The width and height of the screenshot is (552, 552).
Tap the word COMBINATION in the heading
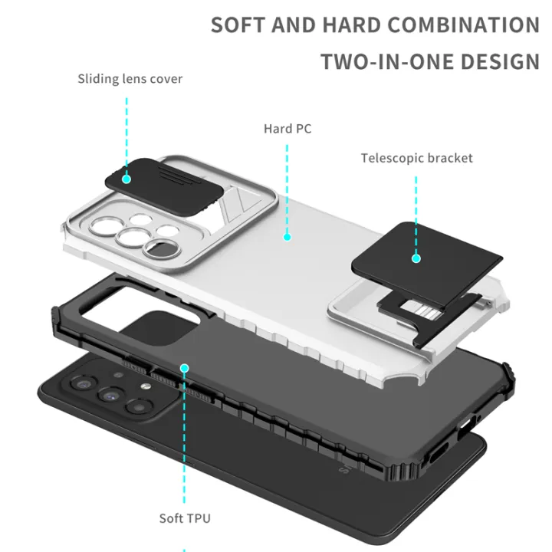tap(464, 25)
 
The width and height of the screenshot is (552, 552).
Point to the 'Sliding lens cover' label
tap(130, 79)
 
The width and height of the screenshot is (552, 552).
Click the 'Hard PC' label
tap(287, 129)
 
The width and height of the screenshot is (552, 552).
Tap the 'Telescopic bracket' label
tap(417, 159)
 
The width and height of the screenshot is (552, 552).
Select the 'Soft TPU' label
tap(184, 517)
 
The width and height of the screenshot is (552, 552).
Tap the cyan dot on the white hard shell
tap(287, 237)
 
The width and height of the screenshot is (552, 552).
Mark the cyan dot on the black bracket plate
tap(416, 258)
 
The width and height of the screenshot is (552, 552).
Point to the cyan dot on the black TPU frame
tap(184, 368)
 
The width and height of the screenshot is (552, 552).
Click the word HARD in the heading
tap(351, 25)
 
